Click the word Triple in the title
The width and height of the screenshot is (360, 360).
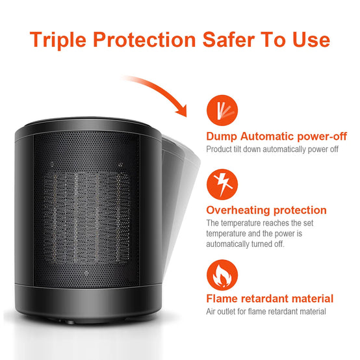click(x=58, y=40)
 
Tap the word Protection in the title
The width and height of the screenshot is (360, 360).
click(x=144, y=40)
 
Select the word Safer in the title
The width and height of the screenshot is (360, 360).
click(x=229, y=40)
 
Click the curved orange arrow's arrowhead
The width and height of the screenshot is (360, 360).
click(x=183, y=110)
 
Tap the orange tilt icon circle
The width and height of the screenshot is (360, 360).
click(x=222, y=110)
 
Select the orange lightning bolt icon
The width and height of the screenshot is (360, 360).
click(x=222, y=185)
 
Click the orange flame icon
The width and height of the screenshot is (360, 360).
click(x=222, y=275)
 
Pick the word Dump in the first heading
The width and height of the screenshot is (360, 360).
click(x=222, y=136)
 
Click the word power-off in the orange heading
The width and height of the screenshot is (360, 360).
click(x=322, y=136)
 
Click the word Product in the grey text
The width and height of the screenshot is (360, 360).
click(x=219, y=149)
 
